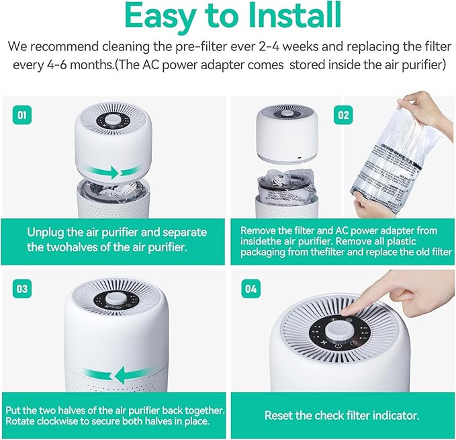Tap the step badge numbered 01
[x=22, y=115]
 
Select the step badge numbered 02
[x=344, y=115]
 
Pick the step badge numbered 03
[x=22, y=289]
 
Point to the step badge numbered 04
[x=250, y=290]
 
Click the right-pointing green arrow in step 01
[x=103, y=173]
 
